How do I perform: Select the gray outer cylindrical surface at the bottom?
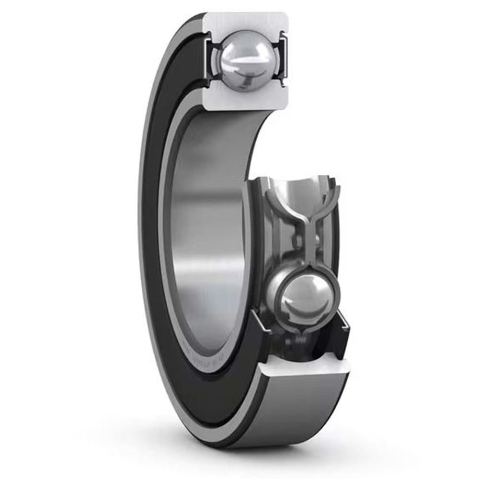point(297,412)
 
